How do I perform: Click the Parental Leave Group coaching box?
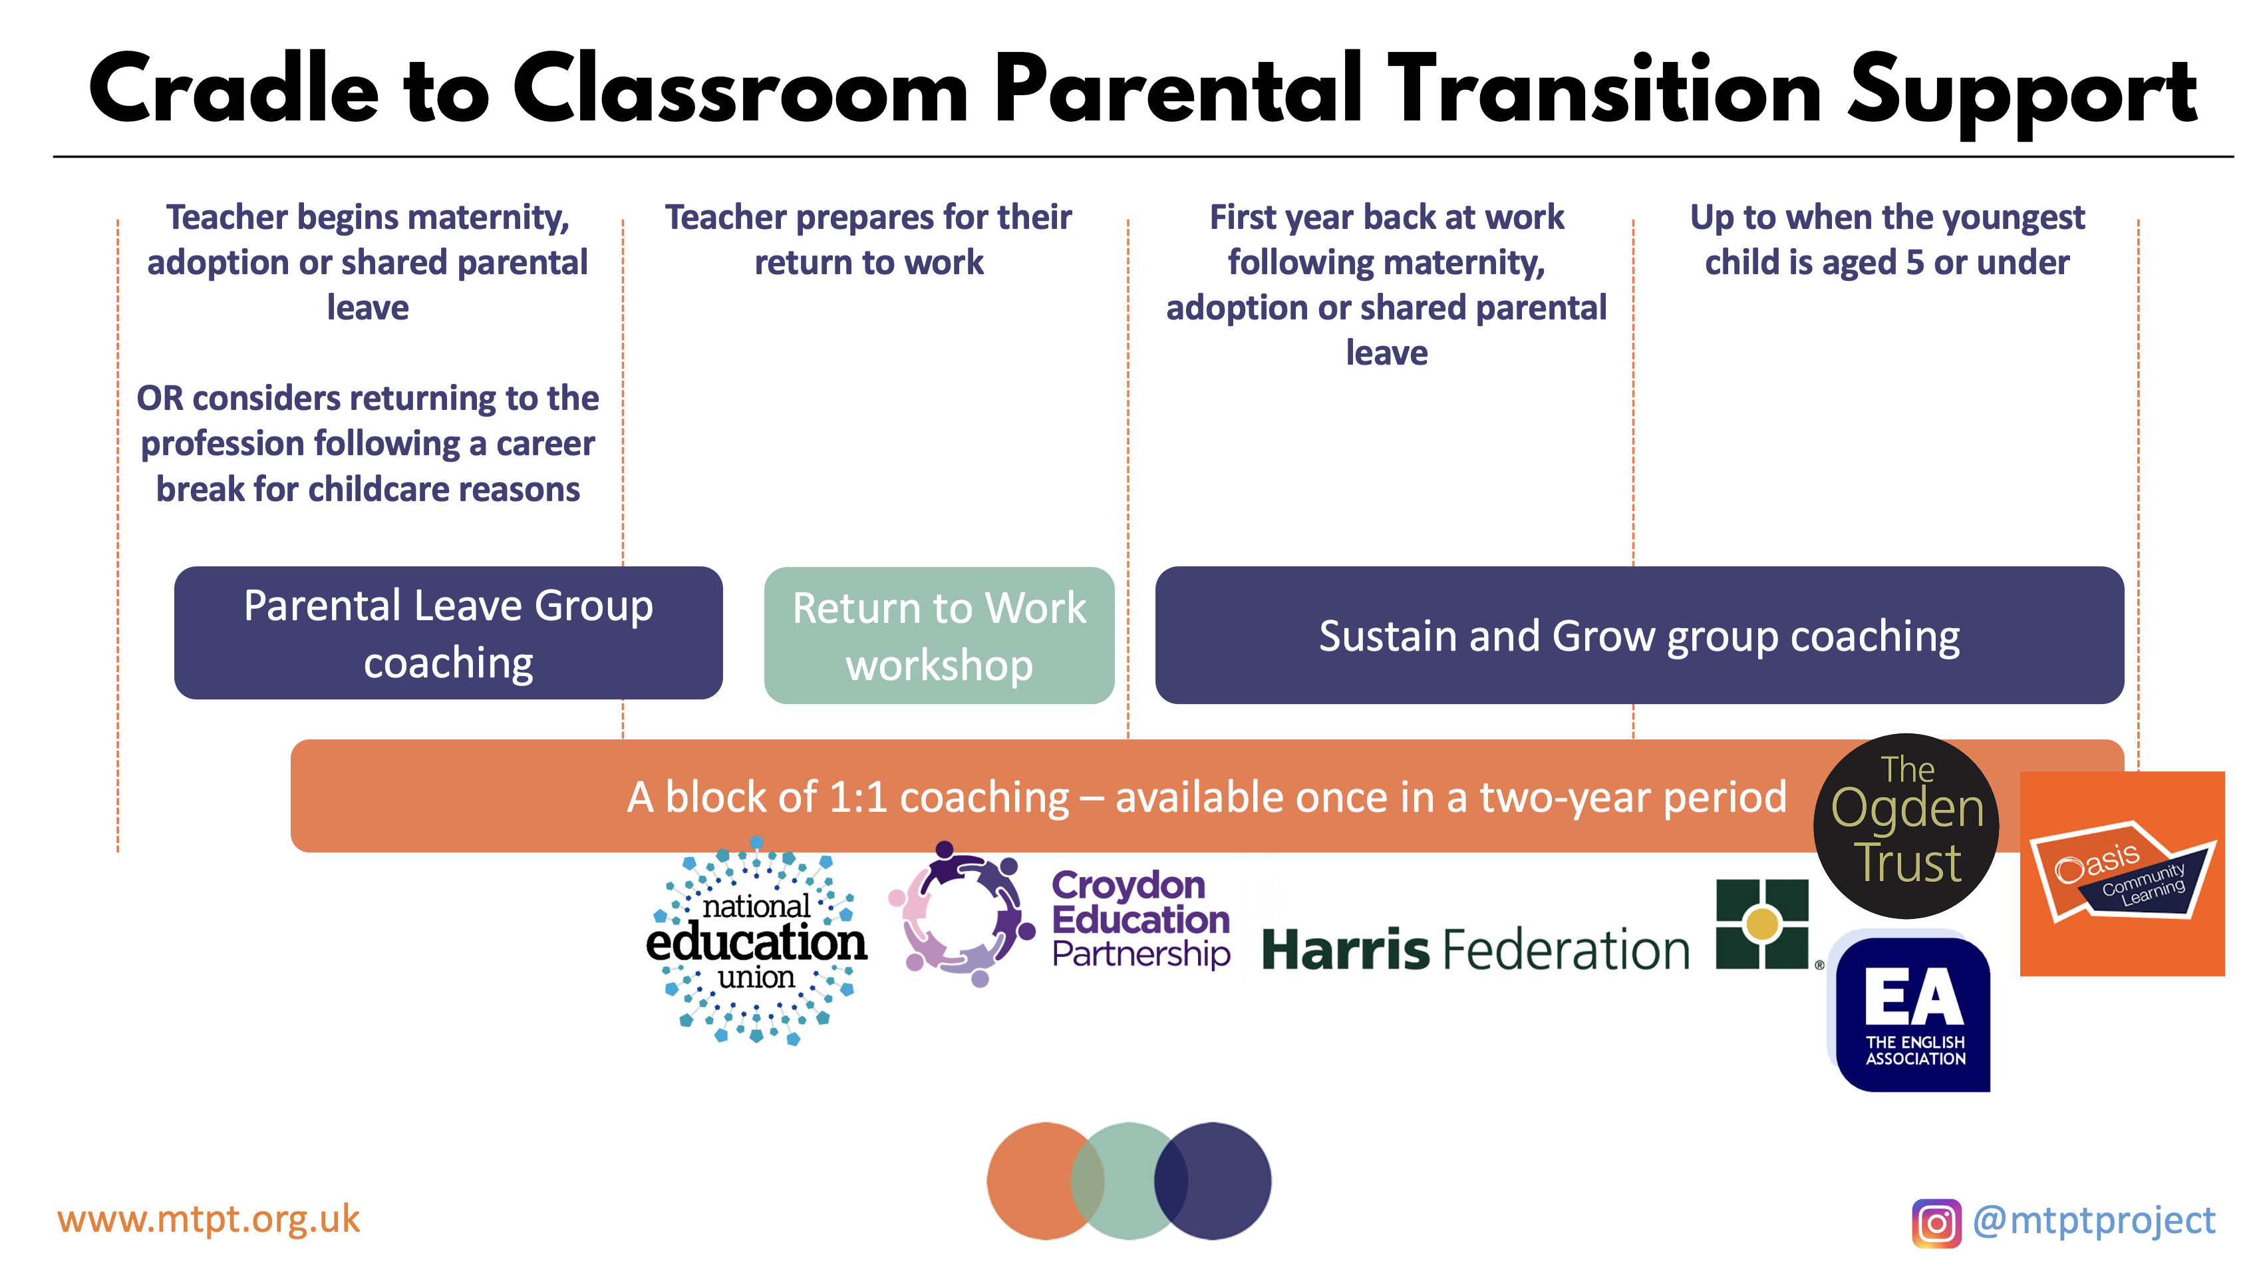pos(448,633)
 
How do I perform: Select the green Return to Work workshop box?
pos(939,635)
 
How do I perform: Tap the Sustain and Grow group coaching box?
pos(1639,635)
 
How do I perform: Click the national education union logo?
pos(756,941)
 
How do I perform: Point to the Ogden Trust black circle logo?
pos(1906,826)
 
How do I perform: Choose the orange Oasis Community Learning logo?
pos(2123,873)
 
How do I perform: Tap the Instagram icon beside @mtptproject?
pos(1936,1223)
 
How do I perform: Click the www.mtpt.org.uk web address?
pos(209,1218)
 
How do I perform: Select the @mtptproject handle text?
pos(2093,1221)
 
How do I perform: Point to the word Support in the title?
pos(2022,94)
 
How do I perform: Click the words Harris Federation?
pos(1476,950)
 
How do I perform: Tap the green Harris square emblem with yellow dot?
pos(1762,924)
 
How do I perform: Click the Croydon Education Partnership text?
pos(1140,919)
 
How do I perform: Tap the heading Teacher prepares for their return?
pos(868,239)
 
